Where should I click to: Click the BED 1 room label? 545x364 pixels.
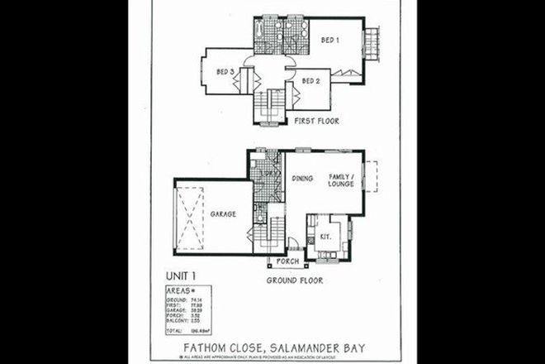pos(329,40)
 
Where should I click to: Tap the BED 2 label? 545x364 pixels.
pos(310,81)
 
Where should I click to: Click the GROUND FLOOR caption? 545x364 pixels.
pos(294,280)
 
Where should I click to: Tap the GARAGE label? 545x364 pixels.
pos(223,213)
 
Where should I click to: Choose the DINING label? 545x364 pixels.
pos(301,178)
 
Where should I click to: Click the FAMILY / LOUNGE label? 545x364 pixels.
pos(342,180)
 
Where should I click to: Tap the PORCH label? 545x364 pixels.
pos(288,262)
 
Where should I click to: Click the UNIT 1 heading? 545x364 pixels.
pos(181,275)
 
